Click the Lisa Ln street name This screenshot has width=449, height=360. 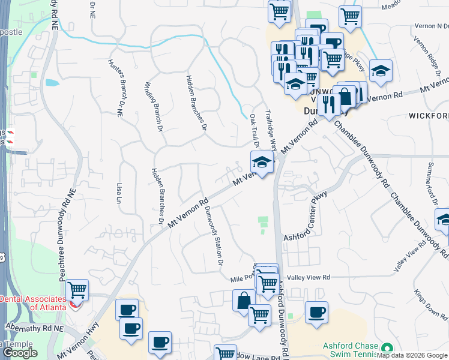click(118, 191)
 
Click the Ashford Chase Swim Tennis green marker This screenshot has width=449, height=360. click(387, 347)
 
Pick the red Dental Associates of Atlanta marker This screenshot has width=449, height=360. click(74, 305)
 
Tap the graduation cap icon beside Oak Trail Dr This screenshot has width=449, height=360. click(262, 162)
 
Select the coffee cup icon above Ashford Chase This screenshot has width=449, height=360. click(316, 313)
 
